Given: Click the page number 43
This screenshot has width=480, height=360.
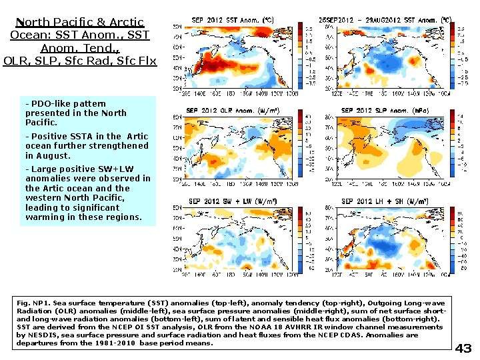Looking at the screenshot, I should pos(463,349).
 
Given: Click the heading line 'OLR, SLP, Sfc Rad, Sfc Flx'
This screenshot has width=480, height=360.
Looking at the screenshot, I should pos(80,61).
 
